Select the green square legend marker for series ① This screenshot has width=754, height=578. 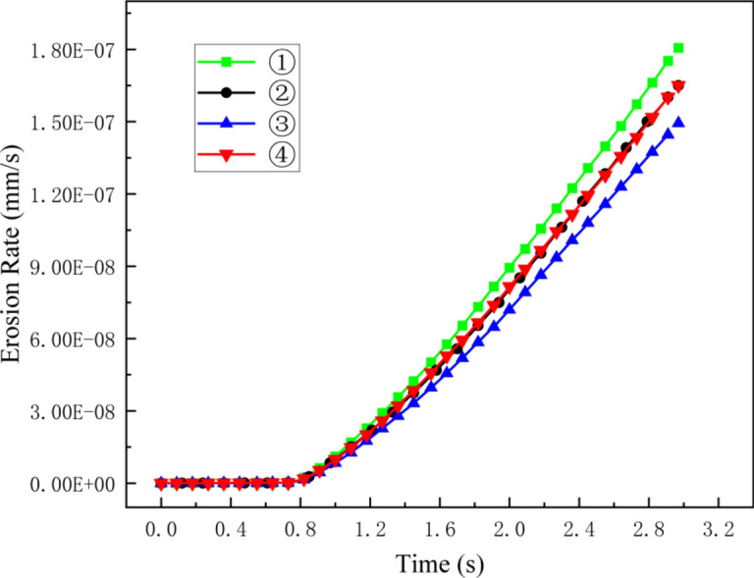[227, 62]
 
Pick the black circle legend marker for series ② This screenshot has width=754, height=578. [227, 92]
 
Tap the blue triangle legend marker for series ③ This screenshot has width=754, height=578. [227, 124]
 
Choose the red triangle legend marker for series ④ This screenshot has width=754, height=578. [227, 154]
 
